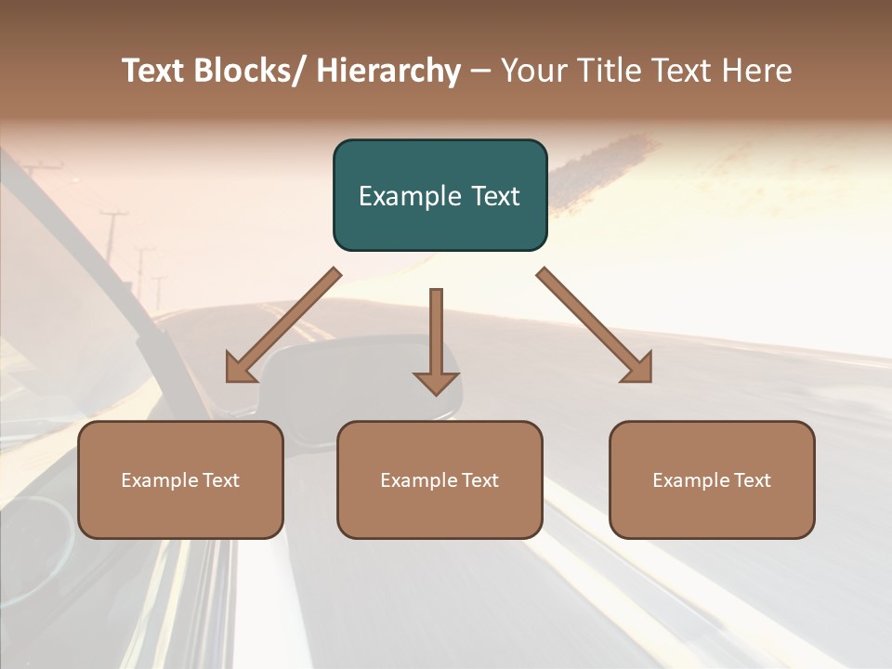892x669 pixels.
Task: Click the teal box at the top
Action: tap(439, 195)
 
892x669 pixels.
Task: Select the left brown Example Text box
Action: tap(180, 479)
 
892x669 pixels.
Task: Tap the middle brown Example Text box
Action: tap(439, 479)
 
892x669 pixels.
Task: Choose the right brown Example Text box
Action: tap(712, 479)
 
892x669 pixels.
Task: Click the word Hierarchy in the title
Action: tap(388, 71)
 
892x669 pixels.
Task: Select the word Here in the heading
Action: tap(756, 71)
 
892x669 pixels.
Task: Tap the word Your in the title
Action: tap(532, 71)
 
